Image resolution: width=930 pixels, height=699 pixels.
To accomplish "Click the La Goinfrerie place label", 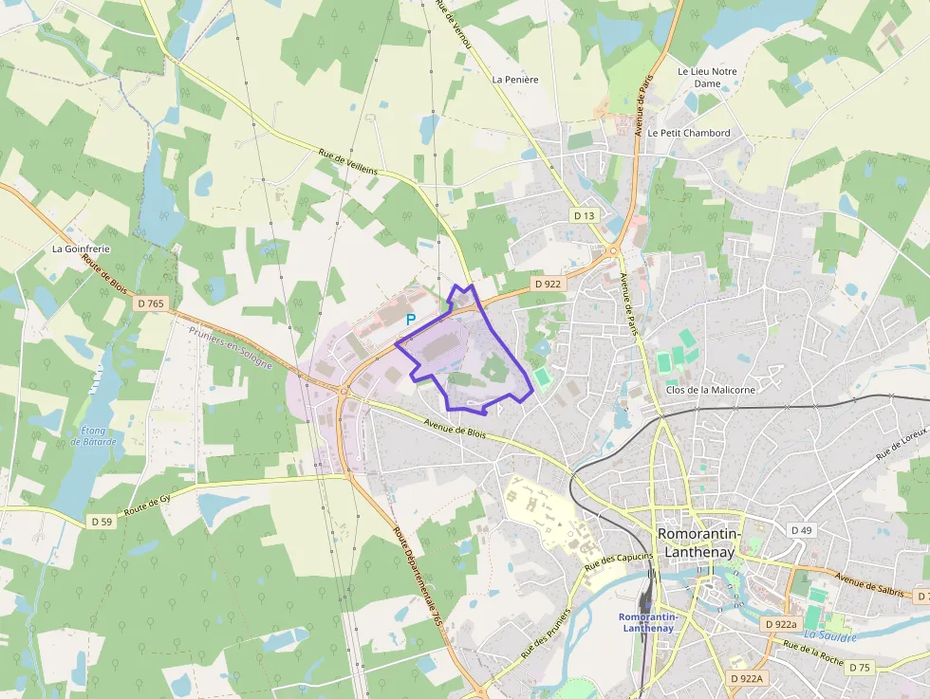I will pos(81,249).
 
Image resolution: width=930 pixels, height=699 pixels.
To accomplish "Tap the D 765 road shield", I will pos(150,304).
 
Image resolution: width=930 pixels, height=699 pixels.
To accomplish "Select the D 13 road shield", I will pos(585,215).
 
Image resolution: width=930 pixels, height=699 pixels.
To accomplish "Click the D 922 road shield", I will pos(548,283).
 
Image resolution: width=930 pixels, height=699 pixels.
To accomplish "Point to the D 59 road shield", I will pos(102,522).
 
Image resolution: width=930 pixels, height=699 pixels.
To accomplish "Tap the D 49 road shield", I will pos(802,530).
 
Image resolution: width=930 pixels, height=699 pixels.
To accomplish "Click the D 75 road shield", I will pos(859,668).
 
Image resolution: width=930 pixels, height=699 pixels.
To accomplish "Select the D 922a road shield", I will pos(780,624).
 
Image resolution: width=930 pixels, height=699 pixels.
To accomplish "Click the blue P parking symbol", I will pos(411,321).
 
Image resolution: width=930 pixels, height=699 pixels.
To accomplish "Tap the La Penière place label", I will pos(515,80).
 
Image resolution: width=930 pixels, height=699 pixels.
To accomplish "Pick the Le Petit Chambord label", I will pos(689,133).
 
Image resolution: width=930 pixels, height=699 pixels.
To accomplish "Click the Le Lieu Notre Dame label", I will pos(707,77).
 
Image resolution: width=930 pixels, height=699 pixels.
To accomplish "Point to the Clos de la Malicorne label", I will pos(712,390).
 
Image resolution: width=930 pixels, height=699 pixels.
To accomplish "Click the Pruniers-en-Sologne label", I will pos(231,348).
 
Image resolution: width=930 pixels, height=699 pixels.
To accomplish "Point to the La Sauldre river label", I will pos(829,635).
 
